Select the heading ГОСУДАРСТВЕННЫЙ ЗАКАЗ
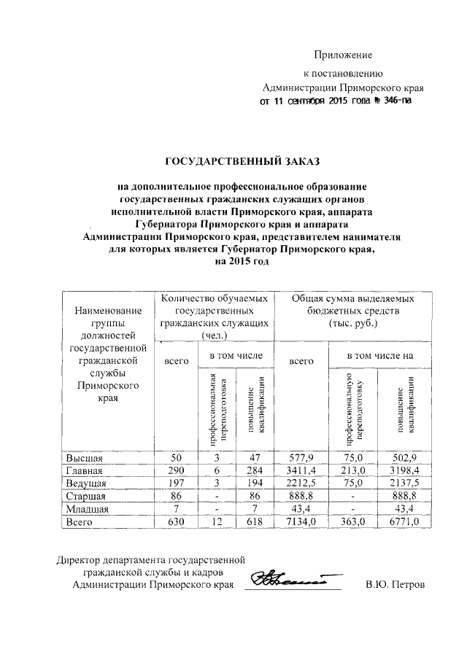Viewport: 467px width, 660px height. click(x=241, y=160)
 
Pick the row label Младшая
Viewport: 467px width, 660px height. click(x=88, y=509)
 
